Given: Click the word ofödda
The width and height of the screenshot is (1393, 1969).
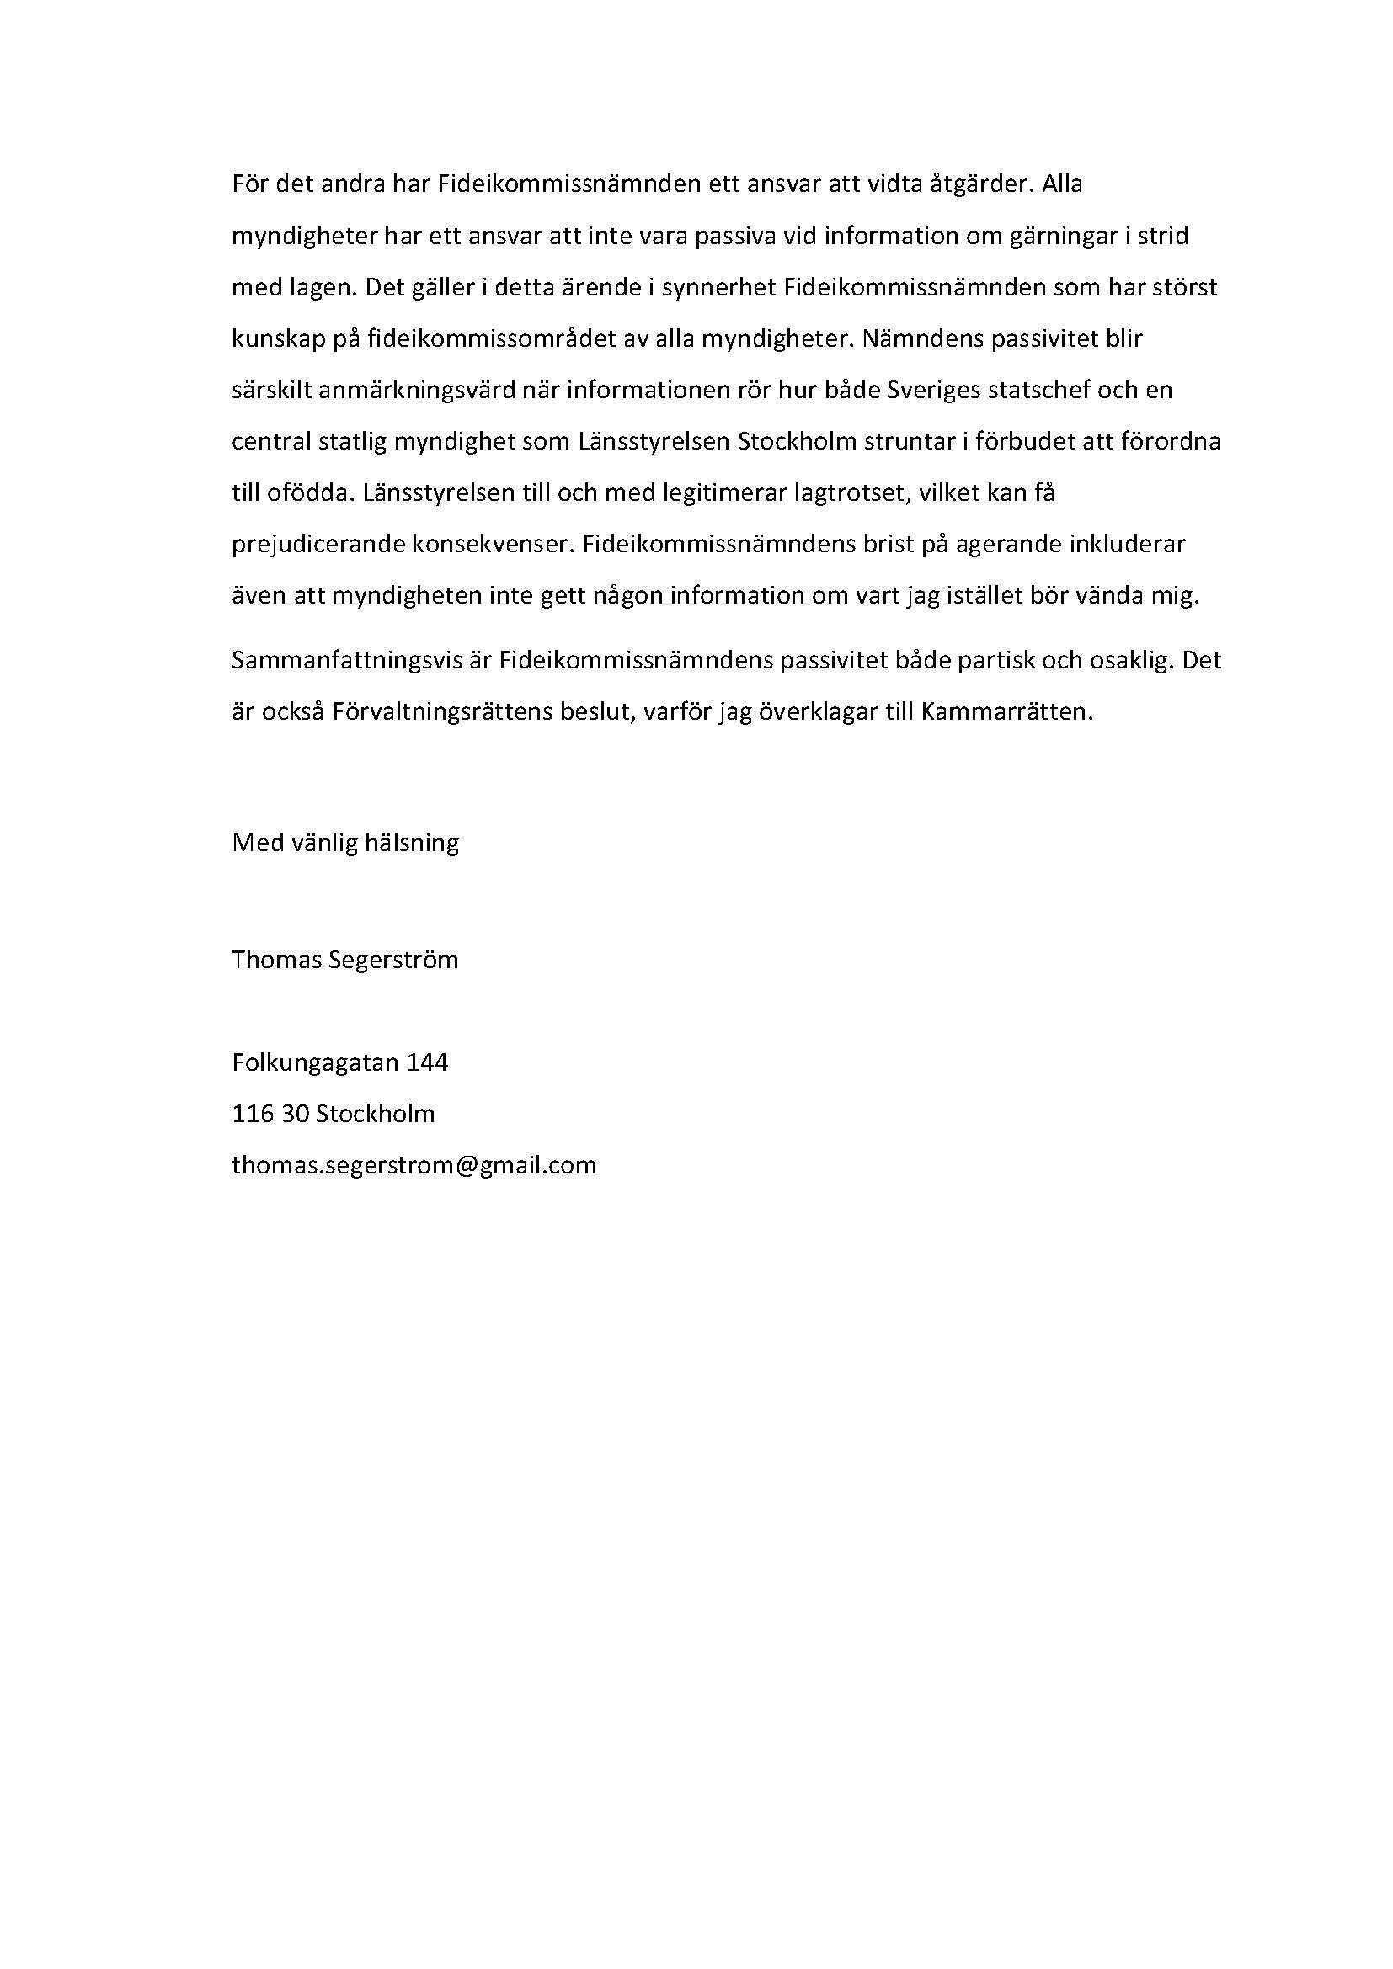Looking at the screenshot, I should point(307,494).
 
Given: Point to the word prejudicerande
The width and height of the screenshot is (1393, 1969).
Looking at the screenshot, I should point(317,545).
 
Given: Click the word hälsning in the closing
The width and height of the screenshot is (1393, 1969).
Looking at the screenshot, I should point(412,843).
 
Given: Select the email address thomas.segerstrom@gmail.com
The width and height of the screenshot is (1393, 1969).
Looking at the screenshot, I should point(414,1166).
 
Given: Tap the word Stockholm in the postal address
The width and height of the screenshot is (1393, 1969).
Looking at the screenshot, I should point(376,1115).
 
